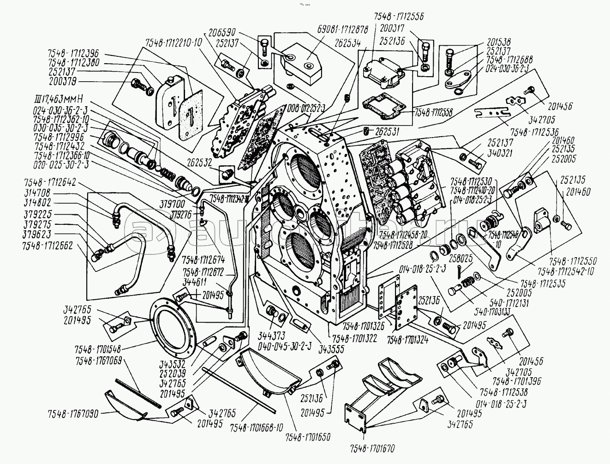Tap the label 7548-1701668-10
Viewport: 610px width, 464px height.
(256, 428)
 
